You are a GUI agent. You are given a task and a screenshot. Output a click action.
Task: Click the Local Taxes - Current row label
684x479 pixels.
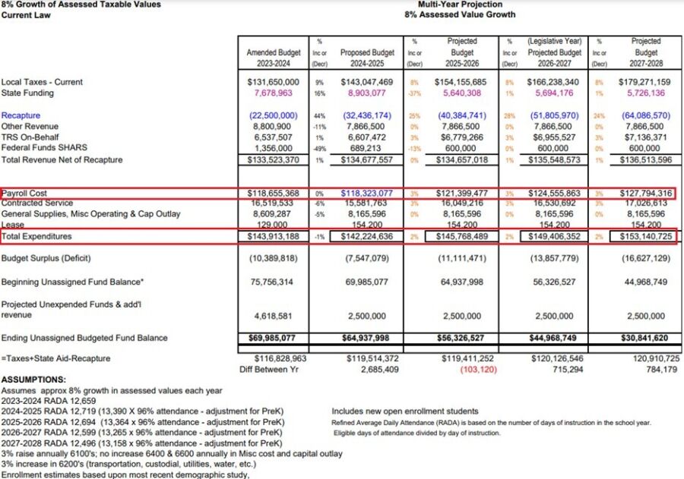[x=42, y=82]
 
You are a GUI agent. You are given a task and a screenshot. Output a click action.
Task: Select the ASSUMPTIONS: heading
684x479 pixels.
[x=33, y=380]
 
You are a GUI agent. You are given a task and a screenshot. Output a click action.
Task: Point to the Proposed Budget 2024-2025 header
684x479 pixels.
[x=367, y=58]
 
